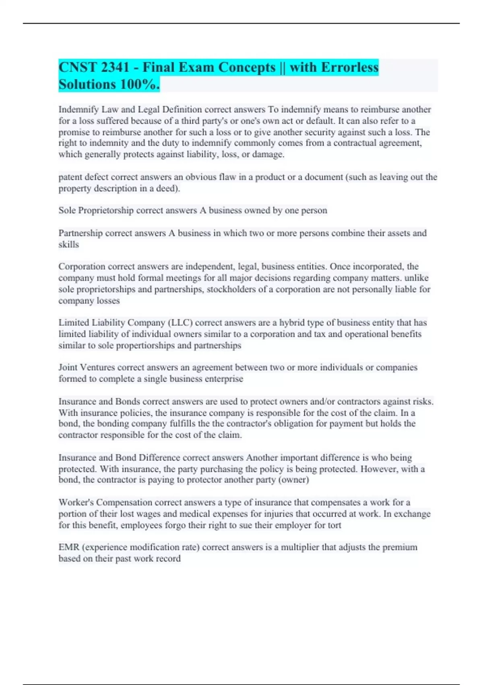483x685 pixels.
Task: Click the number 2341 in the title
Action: coord(115,67)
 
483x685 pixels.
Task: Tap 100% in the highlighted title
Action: coord(139,84)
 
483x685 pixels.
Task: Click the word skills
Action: coord(68,244)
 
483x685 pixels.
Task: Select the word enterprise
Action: coord(224,379)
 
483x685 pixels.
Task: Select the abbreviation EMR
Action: coord(69,547)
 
